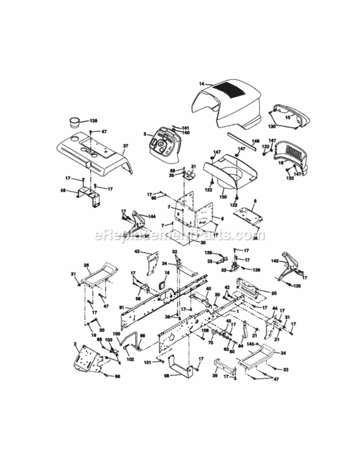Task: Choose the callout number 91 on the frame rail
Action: coord(121,306)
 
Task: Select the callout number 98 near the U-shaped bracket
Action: coord(166,377)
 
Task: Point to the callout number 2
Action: coord(75,344)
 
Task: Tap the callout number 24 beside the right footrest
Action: coord(283,353)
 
